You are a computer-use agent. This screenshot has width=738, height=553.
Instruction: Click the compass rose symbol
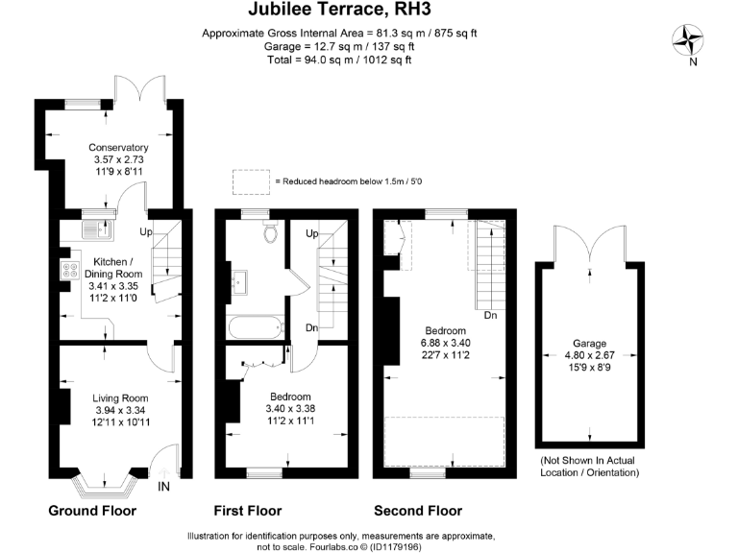click(x=688, y=40)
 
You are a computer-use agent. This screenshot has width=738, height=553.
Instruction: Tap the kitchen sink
click(x=97, y=230)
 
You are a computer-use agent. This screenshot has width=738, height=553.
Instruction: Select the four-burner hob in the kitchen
click(x=70, y=270)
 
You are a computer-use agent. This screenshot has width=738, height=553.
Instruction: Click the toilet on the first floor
click(x=271, y=230)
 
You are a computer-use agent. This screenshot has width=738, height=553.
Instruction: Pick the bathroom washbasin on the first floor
click(x=239, y=282)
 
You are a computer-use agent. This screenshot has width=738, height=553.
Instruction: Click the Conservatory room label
click(x=118, y=148)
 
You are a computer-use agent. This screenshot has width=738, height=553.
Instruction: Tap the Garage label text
click(x=589, y=344)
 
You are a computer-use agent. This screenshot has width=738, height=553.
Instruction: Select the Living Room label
click(x=120, y=398)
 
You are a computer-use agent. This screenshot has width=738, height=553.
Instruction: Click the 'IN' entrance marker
click(x=163, y=487)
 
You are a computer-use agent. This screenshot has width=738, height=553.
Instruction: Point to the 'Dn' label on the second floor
click(x=490, y=315)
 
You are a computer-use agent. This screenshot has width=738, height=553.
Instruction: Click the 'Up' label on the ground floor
click(x=146, y=231)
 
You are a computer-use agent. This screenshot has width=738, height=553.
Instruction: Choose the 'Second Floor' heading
click(x=418, y=511)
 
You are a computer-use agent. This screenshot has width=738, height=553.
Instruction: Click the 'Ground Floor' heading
click(x=92, y=511)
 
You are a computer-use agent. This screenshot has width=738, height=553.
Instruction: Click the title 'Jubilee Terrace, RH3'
click(x=339, y=9)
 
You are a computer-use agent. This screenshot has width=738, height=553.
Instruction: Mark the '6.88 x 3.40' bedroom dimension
click(x=445, y=343)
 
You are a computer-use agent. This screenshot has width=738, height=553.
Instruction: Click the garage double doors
click(x=590, y=245)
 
